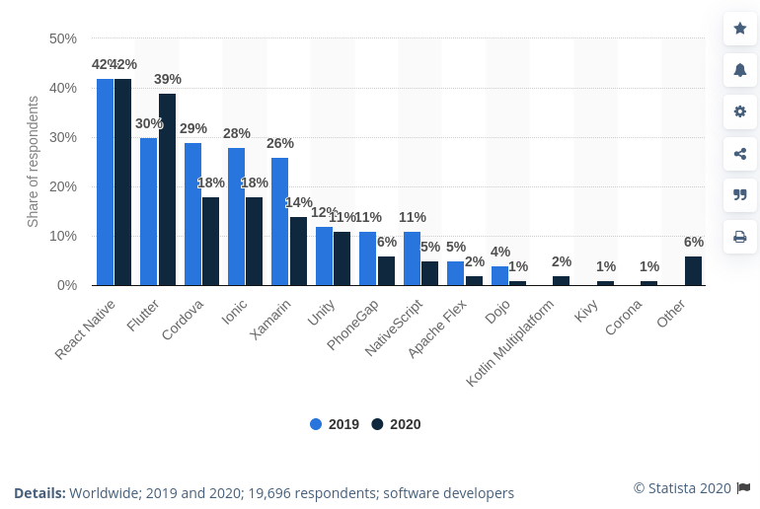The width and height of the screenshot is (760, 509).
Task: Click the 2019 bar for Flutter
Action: (148, 211)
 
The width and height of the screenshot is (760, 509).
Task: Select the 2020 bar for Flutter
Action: (167, 189)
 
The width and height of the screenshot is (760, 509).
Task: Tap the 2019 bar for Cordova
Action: (192, 214)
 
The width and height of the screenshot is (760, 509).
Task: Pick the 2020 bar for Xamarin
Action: (298, 251)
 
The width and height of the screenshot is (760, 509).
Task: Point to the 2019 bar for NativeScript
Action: (412, 258)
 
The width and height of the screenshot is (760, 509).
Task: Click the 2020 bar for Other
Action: (693, 270)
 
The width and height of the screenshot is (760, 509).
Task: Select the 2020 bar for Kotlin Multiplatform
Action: (561, 280)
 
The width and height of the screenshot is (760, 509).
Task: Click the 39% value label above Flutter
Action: (168, 79)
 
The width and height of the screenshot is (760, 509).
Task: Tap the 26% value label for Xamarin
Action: (280, 143)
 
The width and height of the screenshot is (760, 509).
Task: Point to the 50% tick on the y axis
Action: (63, 38)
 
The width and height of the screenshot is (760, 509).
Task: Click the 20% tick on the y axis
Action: (63, 186)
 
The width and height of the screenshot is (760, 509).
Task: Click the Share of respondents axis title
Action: (33, 162)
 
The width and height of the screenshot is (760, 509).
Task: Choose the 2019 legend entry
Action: (335, 424)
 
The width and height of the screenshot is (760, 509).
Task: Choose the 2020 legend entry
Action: (396, 424)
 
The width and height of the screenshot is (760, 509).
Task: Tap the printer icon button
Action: (739, 237)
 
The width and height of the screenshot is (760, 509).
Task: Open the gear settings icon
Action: (739, 111)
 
